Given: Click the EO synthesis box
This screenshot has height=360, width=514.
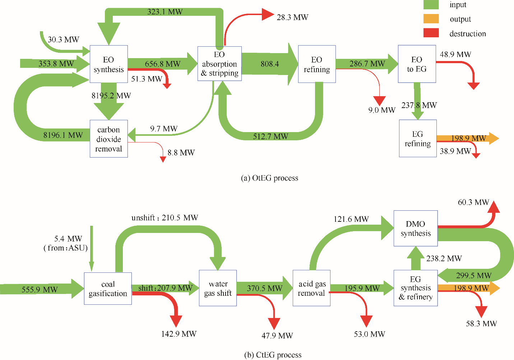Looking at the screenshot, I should click(108, 64).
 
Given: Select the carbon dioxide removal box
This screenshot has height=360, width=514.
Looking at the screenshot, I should click(108, 139).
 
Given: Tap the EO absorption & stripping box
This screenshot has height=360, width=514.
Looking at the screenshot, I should click(219, 64).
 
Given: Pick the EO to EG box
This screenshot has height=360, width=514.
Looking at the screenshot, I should click(417, 64).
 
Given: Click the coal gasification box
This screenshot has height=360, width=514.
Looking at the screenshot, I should click(108, 289).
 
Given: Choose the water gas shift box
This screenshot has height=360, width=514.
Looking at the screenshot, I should click(218, 288).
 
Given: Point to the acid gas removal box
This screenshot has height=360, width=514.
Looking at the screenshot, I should click(311, 288).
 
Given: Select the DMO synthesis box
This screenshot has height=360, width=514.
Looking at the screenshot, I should click(416, 229).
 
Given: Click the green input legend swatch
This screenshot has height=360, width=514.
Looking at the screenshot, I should click(431, 5).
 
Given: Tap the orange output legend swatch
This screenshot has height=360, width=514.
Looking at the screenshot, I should click(431, 19).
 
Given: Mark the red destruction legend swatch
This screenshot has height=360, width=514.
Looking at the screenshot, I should click(431, 33).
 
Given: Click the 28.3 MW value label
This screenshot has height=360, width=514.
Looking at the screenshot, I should click(292, 17).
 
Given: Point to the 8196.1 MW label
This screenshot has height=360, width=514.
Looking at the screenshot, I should click(63, 135).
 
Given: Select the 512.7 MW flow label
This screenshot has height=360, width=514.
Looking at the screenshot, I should click(270, 136).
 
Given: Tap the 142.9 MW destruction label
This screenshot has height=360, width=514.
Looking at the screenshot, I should click(179, 334).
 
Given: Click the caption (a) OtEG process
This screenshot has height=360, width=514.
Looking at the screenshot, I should click(269, 178).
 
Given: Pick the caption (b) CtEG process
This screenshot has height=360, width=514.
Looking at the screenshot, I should click(273, 355).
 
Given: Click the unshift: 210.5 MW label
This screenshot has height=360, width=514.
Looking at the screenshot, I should click(165, 218).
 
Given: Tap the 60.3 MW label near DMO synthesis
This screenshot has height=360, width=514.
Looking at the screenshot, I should click(473, 202).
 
